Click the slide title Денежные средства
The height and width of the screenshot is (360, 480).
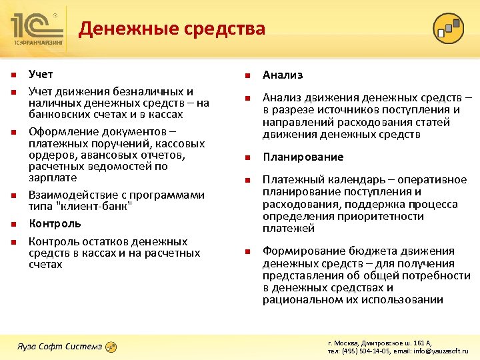pos(172,29)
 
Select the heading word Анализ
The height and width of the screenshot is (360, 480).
pos(283,75)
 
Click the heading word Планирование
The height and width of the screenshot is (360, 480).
pos(303,157)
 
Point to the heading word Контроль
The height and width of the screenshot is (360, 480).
pos(55,223)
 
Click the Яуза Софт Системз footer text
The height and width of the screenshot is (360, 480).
pos(60,345)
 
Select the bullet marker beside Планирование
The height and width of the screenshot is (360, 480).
pos(246,158)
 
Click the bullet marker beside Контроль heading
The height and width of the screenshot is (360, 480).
pos(13,224)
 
